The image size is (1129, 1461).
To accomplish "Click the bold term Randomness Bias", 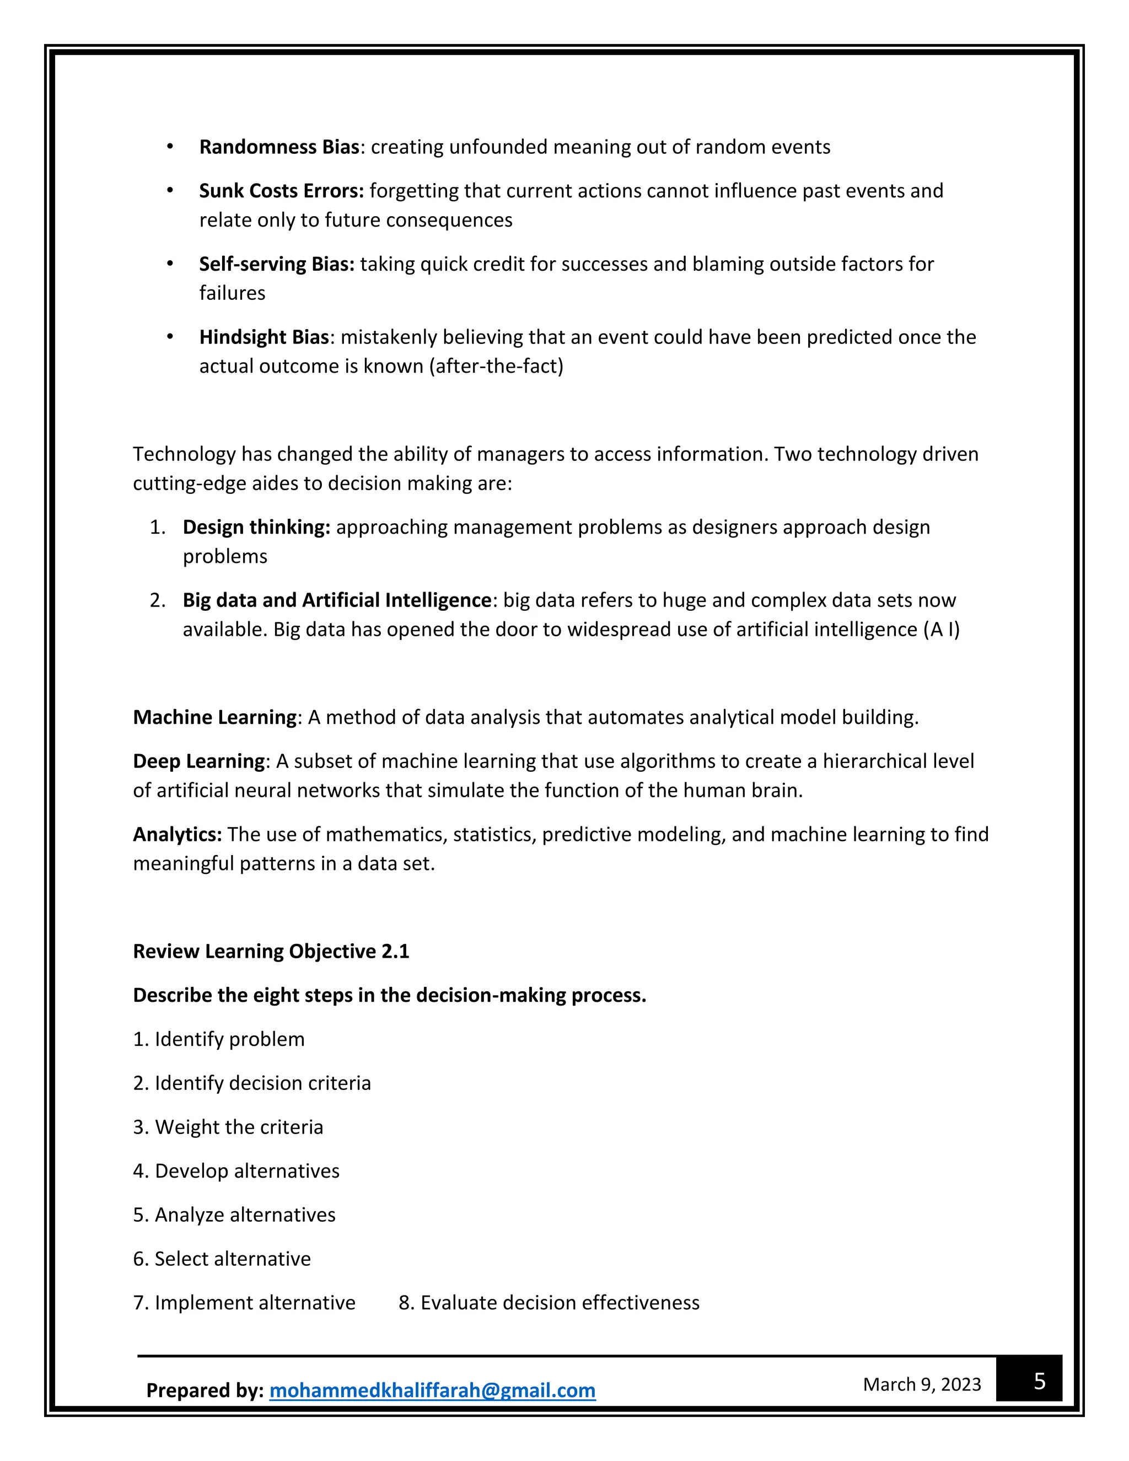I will point(279,147).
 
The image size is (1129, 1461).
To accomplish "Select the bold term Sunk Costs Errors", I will point(281,191).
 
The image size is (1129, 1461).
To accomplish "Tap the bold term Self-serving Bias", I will point(276,264).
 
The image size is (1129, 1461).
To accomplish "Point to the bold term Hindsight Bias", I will point(264,337).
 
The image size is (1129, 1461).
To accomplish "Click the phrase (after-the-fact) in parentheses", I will point(499,367).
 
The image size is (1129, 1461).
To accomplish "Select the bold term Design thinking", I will point(256,527).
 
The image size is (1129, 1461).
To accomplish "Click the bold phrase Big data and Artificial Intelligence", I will point(337,600).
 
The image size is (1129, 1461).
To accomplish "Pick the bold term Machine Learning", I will point(214,717).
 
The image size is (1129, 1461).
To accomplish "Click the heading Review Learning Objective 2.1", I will point(271,951).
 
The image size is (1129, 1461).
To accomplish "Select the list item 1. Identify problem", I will point(219,1039).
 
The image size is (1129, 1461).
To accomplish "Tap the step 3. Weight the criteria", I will point(228,1127).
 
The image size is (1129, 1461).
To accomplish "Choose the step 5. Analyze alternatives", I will point(234,1215).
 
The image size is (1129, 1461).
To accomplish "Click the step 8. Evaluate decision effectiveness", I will point(549,1302).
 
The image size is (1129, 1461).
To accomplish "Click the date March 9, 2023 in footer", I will point(922,1384).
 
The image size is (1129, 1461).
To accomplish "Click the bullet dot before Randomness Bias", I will point(170,147).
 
